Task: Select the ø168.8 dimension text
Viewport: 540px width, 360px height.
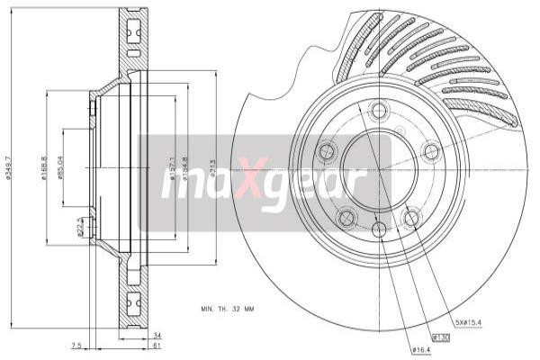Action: tap(44, 166)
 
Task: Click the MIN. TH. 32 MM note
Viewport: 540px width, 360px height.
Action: tap(228, 309)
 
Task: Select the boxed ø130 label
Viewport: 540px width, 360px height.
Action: tap(440, 337)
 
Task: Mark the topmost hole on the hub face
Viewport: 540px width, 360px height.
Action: tap(378, 112)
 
